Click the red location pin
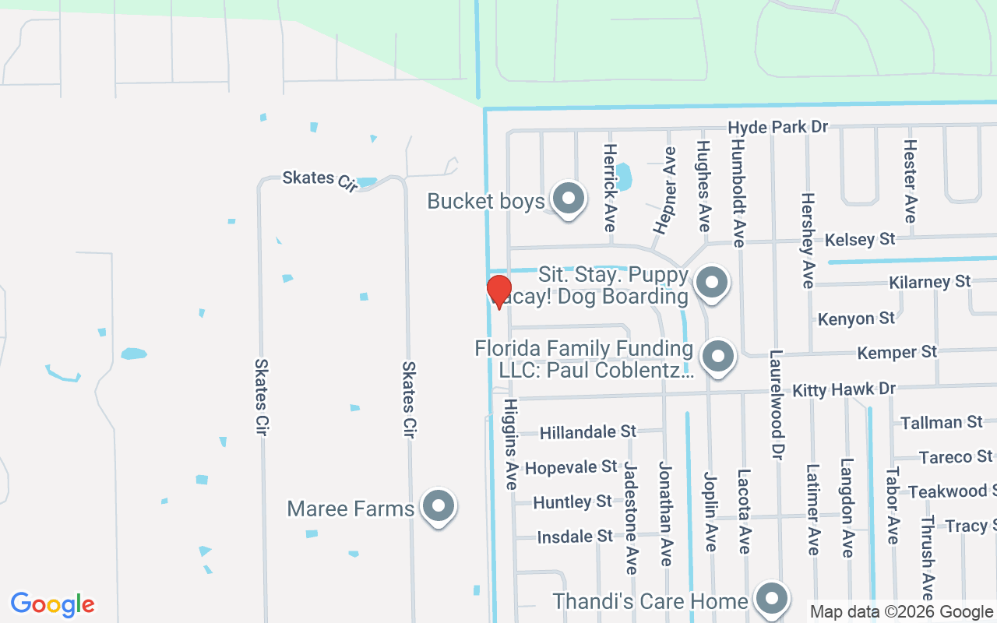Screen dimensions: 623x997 point(499,291)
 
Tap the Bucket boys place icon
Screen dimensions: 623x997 point(569,199)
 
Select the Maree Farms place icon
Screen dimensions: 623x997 point(438,507)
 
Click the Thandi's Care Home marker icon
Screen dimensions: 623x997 point(772,599)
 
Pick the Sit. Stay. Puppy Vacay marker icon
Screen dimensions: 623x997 point(710,283)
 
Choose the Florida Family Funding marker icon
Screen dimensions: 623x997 point(717,357)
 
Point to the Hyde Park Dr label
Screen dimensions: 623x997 point(777,126)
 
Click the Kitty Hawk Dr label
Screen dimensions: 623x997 point(844,389)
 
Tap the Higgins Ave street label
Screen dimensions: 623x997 point(511,444)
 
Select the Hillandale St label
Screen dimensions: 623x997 point(588,431)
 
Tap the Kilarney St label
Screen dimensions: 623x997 point(929,282)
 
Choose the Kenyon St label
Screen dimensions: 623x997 point(856,319)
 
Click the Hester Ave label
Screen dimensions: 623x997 point(910,181)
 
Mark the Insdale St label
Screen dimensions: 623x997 point(576,537)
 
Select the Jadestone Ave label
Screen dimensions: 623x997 point(631,517)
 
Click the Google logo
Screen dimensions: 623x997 point(52,604)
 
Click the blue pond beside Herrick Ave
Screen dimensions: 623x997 point(623,177)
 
